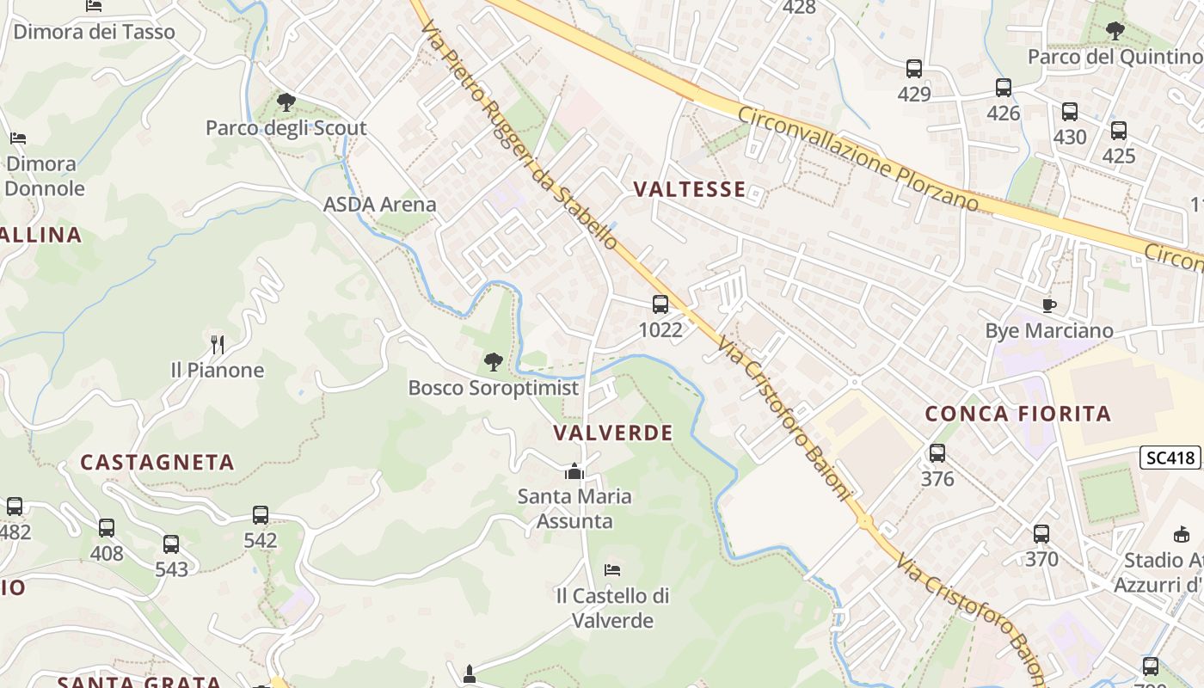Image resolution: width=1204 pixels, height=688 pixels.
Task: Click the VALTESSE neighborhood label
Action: [x=689, y=189]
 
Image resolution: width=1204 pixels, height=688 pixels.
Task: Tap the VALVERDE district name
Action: [x=613, y=433]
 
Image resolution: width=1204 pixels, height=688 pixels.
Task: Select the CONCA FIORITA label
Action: [x=1017, y=414]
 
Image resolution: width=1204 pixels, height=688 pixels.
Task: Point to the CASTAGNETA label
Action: [x=157, y=463]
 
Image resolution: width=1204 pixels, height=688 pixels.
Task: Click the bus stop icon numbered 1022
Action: [x=660, y=304]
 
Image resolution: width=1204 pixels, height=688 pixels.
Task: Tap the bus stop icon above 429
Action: [x=913, y=69]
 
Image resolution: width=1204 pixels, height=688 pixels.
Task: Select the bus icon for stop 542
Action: [x=260, y=515]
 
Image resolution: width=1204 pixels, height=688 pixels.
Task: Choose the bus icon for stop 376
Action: [x=937, y=453]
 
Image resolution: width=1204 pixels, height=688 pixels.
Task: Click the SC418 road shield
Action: [x=1170, y=458]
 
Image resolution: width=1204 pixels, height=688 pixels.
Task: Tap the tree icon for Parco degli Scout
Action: [x=286, y=103]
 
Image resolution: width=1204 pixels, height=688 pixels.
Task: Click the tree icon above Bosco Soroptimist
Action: [x=493, y=362]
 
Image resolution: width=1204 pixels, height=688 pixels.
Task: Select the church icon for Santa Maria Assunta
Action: [x=574, y=471]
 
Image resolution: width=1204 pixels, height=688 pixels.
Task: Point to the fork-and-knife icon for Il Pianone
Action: [x=218, y=345]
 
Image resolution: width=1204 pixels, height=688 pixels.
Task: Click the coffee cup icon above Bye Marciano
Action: [x=1048, y=305]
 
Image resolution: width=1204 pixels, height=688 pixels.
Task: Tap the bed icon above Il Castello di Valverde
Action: [x=611, y=570]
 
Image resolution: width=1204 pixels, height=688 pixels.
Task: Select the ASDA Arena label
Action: [x=379, y=205]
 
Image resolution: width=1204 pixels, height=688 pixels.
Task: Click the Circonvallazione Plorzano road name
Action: [x=857, y=159]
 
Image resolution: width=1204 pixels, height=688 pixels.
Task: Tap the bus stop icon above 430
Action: [x=1069, y=112]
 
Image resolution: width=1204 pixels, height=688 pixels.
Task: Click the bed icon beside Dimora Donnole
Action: [x=18, y=138]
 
